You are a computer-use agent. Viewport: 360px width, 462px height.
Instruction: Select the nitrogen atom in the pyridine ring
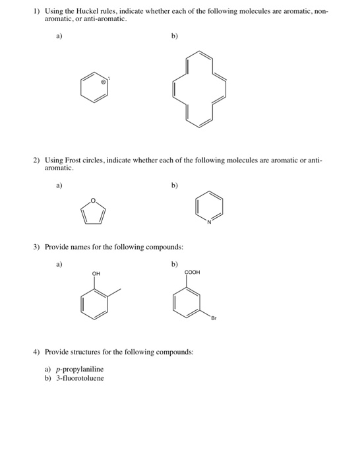coord(208,221)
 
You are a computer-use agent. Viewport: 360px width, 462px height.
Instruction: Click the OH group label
coord(96,274)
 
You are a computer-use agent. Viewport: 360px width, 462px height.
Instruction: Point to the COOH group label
coord(192,271)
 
